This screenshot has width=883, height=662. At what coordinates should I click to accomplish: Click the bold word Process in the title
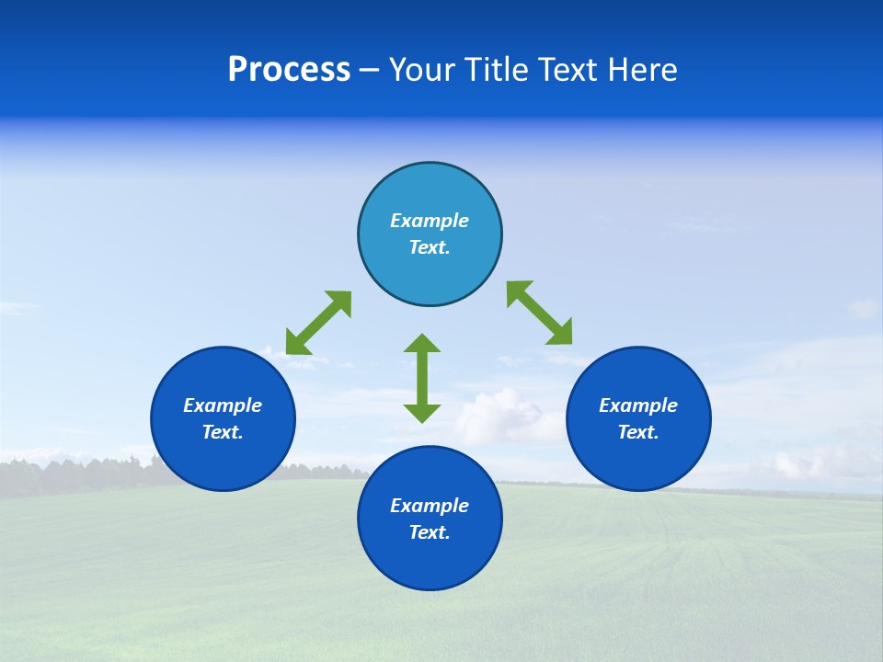[289, 70]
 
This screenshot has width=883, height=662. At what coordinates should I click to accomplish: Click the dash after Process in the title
[370, 72]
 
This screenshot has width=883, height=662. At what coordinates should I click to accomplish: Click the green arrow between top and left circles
[318, 323]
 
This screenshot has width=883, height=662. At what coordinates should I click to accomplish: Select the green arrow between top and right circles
[540, 313]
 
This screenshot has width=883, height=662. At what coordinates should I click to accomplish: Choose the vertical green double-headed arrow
[422, 378]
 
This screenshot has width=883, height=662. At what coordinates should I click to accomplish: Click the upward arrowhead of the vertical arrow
[422, 343]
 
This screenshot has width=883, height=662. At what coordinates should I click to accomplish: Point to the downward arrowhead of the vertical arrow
[422, 413]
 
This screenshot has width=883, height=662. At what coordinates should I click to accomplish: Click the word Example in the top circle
[430, 221]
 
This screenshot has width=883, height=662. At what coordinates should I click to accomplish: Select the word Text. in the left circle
[223, 432]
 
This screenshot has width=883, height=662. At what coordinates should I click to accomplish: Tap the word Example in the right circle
[638, 405]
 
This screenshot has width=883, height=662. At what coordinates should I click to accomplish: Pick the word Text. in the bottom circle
[430, 532]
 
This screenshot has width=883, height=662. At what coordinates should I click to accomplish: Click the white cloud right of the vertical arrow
[501, 414]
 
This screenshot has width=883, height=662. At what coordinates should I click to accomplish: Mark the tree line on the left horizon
[74, 474]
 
